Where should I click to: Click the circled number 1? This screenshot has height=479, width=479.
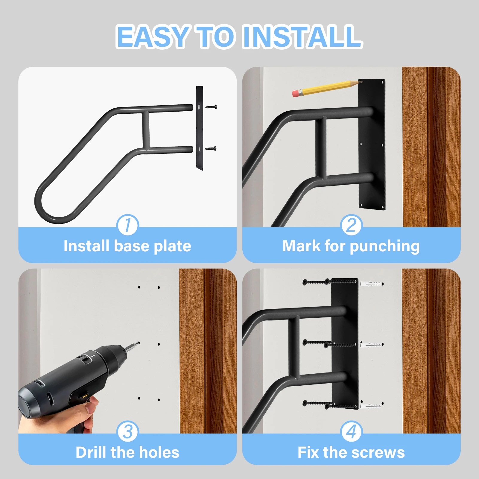click(x=128, y=225)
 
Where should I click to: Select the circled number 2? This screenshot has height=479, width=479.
click(x=351, y=225)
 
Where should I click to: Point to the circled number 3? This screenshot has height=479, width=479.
click(x=128, y=431)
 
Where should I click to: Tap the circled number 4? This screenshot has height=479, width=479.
click(x=351, y=431)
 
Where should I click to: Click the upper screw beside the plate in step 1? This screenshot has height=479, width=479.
click(x=211, y=107)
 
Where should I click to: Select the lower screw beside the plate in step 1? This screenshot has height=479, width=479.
click(x=211, y=148)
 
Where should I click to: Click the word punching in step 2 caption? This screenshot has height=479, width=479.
click(x=384, y=247)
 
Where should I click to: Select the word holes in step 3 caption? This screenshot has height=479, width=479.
click(x=159, y=452)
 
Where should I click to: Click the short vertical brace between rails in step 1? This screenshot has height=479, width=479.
click(x=146, y=130)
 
